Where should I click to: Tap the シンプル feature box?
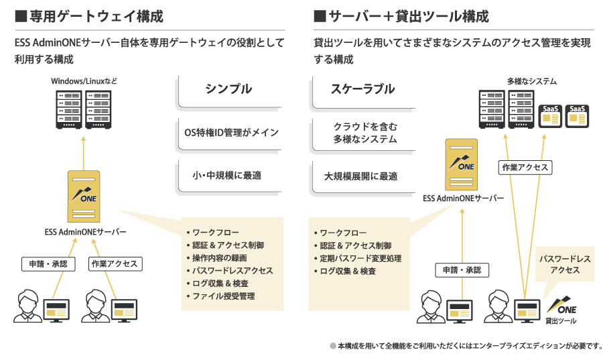228,89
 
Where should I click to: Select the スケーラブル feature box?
363,89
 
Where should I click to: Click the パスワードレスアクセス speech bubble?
565,264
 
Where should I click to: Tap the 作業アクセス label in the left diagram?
114,264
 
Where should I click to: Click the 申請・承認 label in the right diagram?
462,270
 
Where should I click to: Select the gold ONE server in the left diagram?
84,196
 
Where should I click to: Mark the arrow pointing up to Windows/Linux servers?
84,153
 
